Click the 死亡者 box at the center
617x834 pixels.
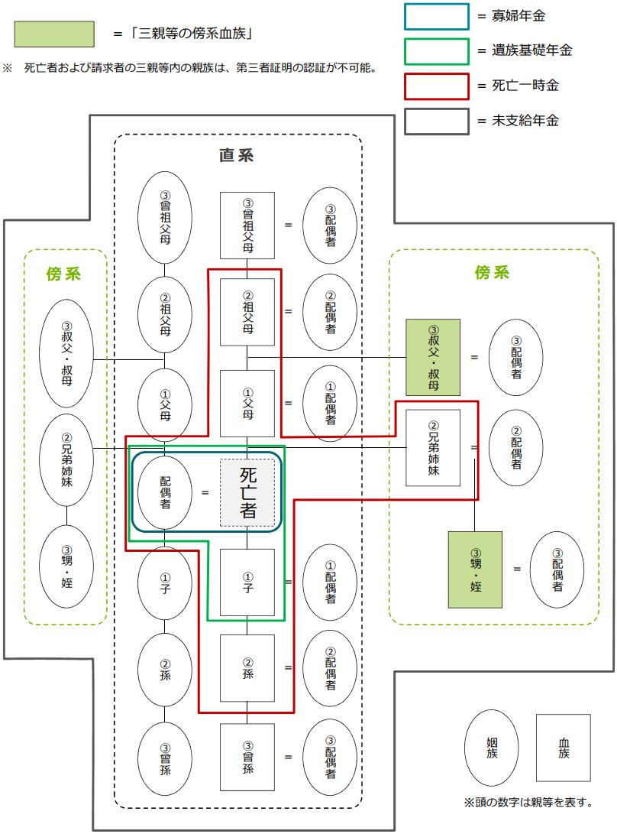(x=247, y=492)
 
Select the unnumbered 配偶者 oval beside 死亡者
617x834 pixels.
(x=165, y=492)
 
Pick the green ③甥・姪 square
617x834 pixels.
(x=475, y=569)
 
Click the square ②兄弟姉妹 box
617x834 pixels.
(x=433, y=448)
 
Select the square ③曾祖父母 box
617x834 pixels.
(x=247, y=225)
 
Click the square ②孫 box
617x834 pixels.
(x=247, y=668)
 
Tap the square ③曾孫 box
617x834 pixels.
(x=247, y=757)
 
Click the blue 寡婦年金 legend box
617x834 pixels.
(x=436, y=16)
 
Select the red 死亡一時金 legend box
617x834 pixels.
(x=436, y=86)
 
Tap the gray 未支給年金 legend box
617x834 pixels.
(x=436, y=121)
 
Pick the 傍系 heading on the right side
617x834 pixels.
(x=492, y=273)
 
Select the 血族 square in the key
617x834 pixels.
(x=563, y=748)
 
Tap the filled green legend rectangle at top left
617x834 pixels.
(x=53, y=34)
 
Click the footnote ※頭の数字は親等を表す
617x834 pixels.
(x=528, y=803)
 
